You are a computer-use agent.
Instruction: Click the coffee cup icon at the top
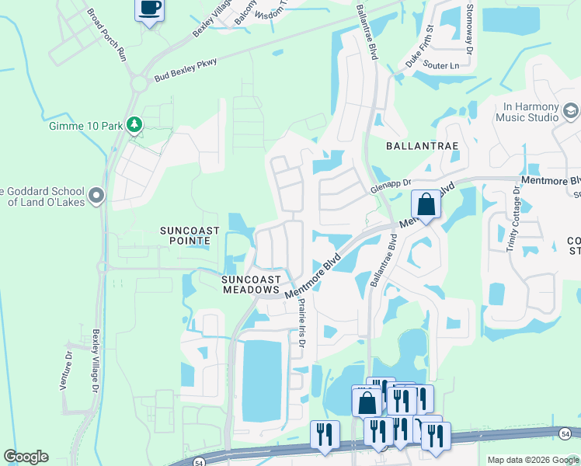coord(149,9)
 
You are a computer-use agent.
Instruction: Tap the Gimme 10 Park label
coord(87,125)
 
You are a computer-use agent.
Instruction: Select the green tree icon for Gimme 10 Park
coord(134,124)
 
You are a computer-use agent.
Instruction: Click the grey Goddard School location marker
coord(96,194)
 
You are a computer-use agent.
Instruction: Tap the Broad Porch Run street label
coord(107,35)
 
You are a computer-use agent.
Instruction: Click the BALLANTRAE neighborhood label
coord(420,145)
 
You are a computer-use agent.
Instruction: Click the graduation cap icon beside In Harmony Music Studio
coord(570,112)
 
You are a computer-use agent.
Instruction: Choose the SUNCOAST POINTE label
coord(190,236)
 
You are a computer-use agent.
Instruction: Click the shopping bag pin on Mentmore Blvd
coord(426,205)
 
